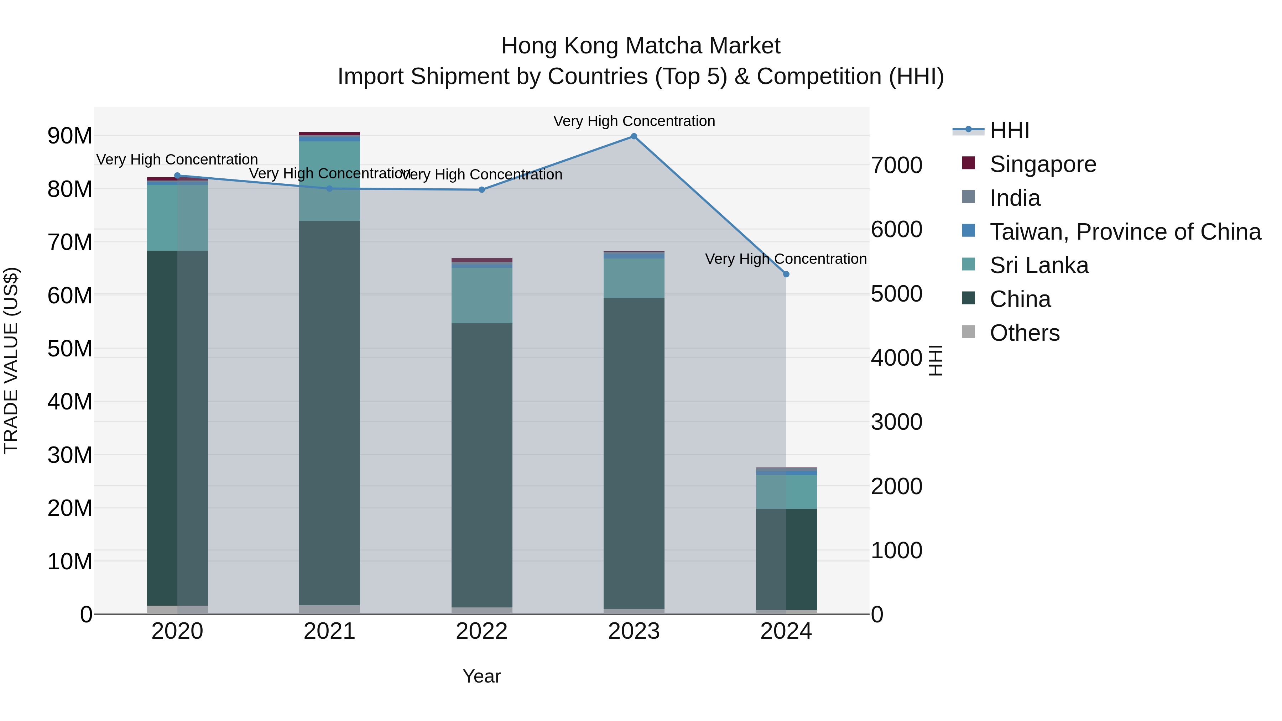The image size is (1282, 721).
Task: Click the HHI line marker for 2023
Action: pyautogui.click(x=634, y=136)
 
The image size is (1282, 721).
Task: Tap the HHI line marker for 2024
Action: pyautogui.click(x=786, y=274)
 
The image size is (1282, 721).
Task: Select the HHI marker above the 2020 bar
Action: pyautogui.click(x=177, y=176)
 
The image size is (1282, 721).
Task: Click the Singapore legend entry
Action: pyautogui.click(x=1043, y=164)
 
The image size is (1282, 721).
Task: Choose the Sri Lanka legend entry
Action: pyautogui.click(x=1039, y=265)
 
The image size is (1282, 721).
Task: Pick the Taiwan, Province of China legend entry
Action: pyautogui.click(x=1125, y=232)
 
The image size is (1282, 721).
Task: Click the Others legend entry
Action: pyautogui.click(x=1024, y=333)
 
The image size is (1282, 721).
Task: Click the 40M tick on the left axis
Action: pyautogui.click(x=70, y=402)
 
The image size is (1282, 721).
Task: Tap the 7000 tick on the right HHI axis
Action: pyautogui.click(x=896, y=165)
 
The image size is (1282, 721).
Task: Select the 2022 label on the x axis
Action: pyautogui.click(x=481, y=631)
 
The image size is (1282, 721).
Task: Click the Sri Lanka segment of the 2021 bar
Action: pyautogui.click(x=329, y=182)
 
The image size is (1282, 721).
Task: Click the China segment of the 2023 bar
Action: pyautogui.click(x=634, y=453)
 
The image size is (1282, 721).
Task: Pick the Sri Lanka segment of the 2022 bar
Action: pyautogui.click(x=481, y=296)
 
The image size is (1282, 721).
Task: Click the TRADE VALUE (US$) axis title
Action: pyautogui.click(x=11, y=360)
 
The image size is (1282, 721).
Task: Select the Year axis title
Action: pyautogui.click(x=481, y=676)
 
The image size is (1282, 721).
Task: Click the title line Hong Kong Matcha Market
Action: pyautogui.click(x=641, y=46)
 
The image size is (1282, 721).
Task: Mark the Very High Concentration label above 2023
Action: pyautogui.click(x=634, y=121)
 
